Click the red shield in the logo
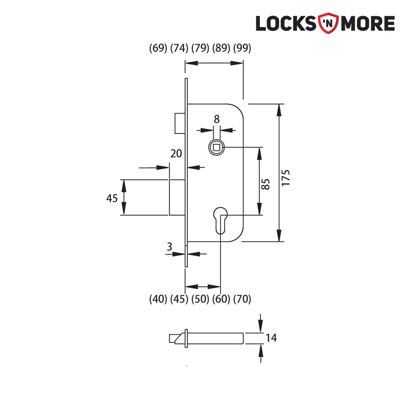click(329, 23)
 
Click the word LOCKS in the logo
click(286, 23)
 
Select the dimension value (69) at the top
click(158, 48)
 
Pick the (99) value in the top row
click(242, 48)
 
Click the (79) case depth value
click(200, 48)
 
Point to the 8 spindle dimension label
click(216, 118)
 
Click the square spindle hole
click(216, 148)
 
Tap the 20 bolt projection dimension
click(176, 153)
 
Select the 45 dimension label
click(112, 198)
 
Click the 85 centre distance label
click(266, 184)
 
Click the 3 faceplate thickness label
click(169, 246)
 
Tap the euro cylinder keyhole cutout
click(219, 219)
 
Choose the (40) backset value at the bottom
click(158, 299)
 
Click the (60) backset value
click(221, 299)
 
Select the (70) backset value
click(242, 299)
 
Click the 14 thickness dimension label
click(271, 338)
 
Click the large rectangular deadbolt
click(177, 197)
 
